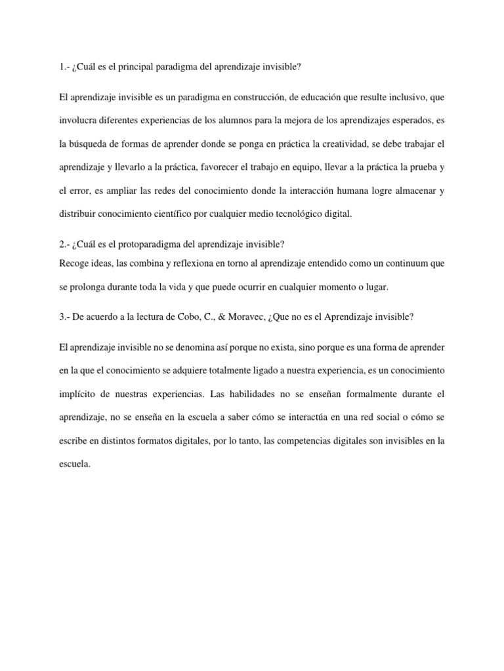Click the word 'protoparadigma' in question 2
tap(153, 244)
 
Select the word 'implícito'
tap(77, 394)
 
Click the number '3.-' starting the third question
tap(64, 316)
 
